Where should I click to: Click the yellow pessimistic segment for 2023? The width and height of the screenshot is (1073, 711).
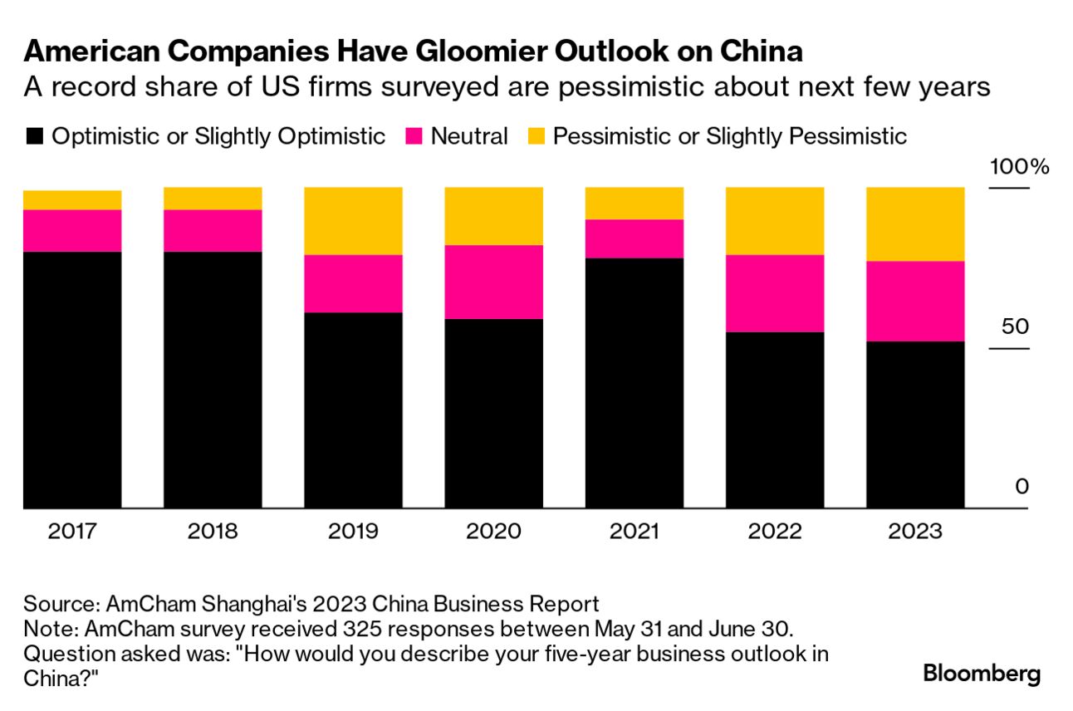point(915,224)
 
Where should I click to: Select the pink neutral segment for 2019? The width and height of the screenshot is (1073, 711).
point(354,283)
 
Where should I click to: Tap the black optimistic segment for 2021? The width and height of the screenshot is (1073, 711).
point(634,382)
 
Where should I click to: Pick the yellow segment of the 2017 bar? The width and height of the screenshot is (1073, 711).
point(72,200)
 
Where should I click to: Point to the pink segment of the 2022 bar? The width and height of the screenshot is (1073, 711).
point(775,293)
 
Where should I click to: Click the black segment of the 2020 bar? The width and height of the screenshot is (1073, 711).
point(494,413)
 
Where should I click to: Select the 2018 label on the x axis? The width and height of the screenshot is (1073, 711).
point(213,531)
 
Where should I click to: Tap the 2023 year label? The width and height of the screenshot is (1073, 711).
point(915,531)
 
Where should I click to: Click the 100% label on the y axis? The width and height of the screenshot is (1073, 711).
point(1019,167)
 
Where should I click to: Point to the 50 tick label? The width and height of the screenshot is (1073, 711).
point(1014,326)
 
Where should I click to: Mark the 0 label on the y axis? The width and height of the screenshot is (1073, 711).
point(1022,486)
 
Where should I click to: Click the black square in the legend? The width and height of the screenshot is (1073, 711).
point(34,136)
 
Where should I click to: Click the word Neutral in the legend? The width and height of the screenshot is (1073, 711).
point(469,136)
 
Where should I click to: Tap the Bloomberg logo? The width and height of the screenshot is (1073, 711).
point(982,673)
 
